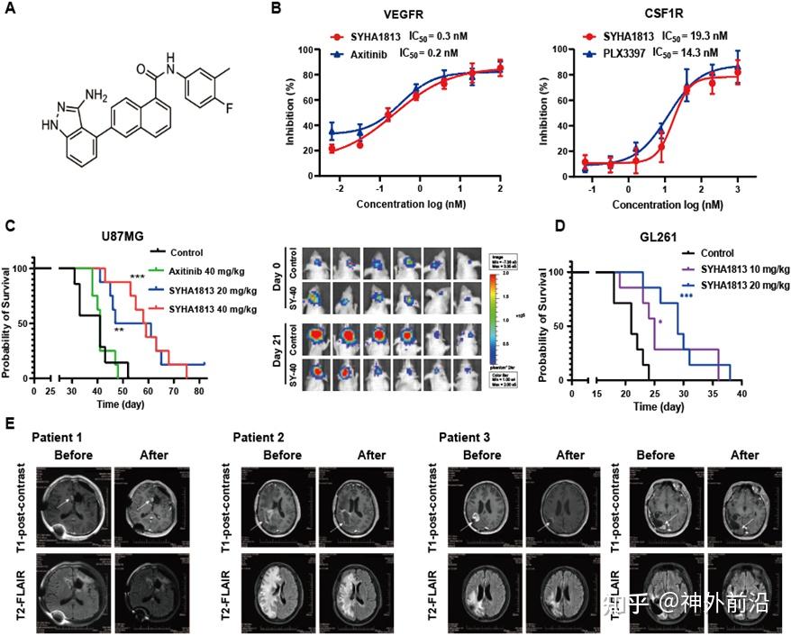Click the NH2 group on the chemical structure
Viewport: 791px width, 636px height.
(x=92, y=94)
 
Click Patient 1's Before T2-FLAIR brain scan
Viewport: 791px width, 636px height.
(x=73, y=590)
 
